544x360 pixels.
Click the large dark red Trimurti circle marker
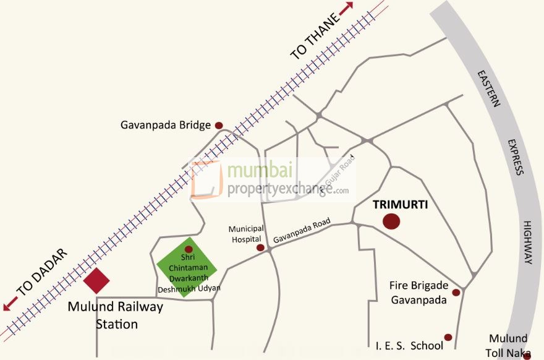[x=391, y=221]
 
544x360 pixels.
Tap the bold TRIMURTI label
[x=405, y=203]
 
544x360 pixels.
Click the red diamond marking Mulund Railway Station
[x=96, y=281]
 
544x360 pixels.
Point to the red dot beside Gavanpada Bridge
[x=219, y=125]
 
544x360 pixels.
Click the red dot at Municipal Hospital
[x=260, y=247]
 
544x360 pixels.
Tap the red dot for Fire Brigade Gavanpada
[x=456, y=293]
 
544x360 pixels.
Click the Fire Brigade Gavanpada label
[x=418, y=293]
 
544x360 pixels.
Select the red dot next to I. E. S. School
[x=448, y=338]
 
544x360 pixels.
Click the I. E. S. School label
[x=409, y=345]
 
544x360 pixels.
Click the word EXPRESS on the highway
[x=516, y=157]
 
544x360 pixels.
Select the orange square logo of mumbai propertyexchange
[x=206, y=180]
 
